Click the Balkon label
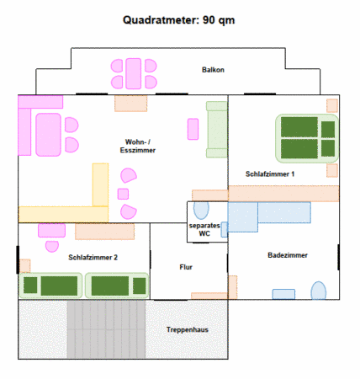tap(213, 70)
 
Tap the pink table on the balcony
tap(134, 73)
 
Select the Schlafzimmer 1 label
tap(270, 174)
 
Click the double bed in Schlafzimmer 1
tap(307, 138)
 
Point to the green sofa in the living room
tap(217, 129)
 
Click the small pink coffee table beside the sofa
tap(193, 129)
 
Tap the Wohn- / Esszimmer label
tap(138, 146)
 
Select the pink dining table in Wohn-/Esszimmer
tap(48, 135)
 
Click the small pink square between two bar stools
tap(123, 194)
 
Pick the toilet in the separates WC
tap(201, 210)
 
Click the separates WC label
tap(204, 229)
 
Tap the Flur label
tap(186, 267)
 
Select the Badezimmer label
tap(288, 255)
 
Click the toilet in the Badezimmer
tap(319, 291)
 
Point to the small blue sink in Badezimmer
tap(283, 294)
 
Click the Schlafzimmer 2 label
tap(93, 257)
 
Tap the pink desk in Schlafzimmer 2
tap(51, 231)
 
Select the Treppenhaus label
tap(188, 329)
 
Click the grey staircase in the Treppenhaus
tap(106, 329)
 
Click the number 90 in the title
tap(209, 20)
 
